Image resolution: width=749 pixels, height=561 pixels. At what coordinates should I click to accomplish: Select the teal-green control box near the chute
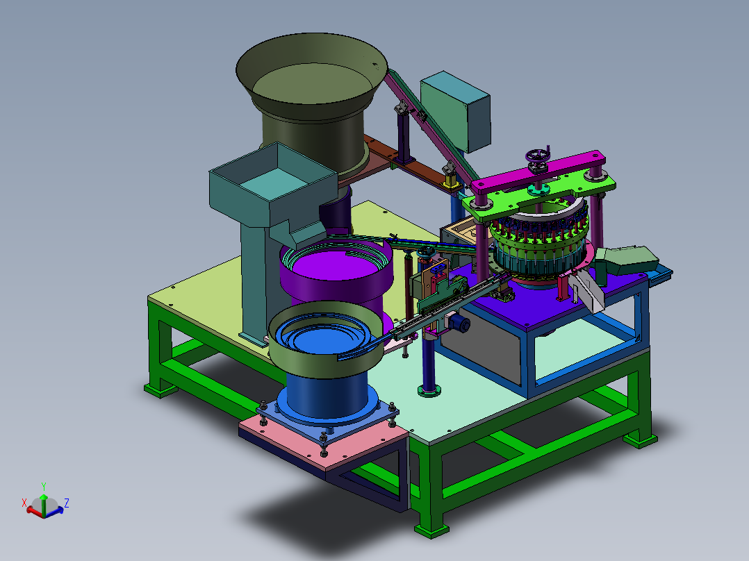point(455,112)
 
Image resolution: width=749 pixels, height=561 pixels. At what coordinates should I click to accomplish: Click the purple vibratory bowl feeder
point(337,277)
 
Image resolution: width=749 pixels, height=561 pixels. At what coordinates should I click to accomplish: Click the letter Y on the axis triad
point(44,487)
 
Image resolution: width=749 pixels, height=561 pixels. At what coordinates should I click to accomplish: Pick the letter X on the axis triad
point(24,503)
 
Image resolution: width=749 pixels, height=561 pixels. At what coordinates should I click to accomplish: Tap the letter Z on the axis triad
point(67,503)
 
